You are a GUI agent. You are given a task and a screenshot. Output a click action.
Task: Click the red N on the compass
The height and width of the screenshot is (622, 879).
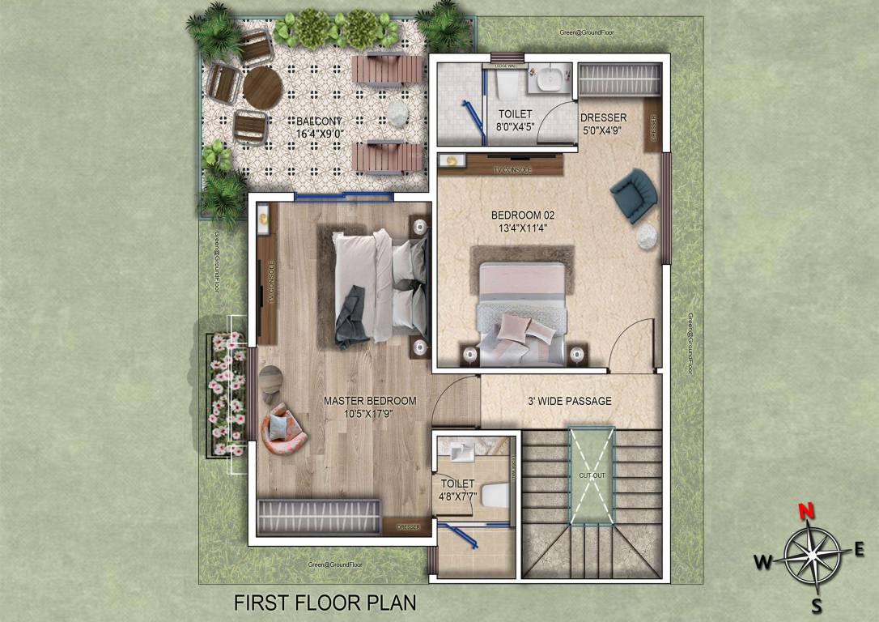coord(805,511)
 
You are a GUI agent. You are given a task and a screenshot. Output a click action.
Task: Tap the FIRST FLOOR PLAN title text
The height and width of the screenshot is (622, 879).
coord(325,603)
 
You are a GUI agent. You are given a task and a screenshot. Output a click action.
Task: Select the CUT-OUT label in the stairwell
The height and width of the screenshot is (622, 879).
coord(592,475)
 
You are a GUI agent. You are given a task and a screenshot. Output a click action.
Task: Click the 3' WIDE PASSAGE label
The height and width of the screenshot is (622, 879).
coord(569,401)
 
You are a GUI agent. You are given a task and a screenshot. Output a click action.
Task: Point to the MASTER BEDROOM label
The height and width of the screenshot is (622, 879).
coord(370,401)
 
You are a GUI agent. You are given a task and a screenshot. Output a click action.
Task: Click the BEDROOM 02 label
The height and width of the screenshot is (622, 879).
coord(523,215)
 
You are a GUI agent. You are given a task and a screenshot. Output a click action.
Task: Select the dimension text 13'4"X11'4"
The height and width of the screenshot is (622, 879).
coord(523,228)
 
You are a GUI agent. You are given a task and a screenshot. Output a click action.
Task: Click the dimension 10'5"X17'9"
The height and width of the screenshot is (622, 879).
coord(370,414)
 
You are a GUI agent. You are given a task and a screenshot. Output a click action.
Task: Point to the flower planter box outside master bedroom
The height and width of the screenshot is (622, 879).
coord(224,394)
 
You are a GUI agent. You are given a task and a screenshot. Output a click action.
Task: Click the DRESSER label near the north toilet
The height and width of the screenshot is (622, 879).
coord(603,118)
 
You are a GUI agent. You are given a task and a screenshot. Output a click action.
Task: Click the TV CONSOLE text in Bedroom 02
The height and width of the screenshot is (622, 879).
coord(512,170)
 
